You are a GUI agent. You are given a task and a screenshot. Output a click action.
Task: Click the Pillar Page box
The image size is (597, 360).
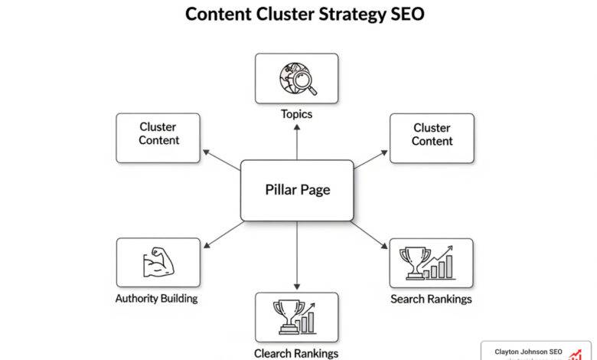pyautogui.click(x=297, y=190)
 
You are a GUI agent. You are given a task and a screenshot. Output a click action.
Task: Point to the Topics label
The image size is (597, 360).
pyautogui.click(x=296, y=114)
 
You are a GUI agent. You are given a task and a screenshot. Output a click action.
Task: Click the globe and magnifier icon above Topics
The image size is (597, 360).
pyautogui.click(x=296, y=79)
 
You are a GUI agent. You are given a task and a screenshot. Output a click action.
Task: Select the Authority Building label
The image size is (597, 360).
pyautogui.click(x=158, y=298)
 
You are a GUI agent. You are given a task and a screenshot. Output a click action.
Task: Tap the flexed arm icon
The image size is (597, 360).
pyautogui.click(x=158, y=263)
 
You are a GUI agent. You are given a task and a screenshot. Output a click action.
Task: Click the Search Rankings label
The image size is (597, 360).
pyautogui.click(x=431, y=299)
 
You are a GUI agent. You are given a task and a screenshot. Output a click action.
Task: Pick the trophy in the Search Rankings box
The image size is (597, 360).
pyautogui.click(x=413, y=261)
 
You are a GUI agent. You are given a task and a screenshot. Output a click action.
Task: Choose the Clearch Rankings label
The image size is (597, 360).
pyautogui.click(x=296, y=353)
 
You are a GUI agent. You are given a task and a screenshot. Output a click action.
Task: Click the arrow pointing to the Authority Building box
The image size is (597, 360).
pyautogui.click(x=222, y=234)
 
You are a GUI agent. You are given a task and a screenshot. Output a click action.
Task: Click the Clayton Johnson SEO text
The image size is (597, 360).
pyautogui.click(x=528, y=352)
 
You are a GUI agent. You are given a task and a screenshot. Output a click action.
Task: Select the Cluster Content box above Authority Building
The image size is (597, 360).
pyautogui.click(x=158, y=138)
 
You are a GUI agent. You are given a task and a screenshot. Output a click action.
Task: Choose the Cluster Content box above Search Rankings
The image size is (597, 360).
pyautogui.click(x=432, y=138)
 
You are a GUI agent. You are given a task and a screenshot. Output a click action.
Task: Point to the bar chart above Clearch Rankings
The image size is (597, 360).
pyautogui.click(x=308, y=319)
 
